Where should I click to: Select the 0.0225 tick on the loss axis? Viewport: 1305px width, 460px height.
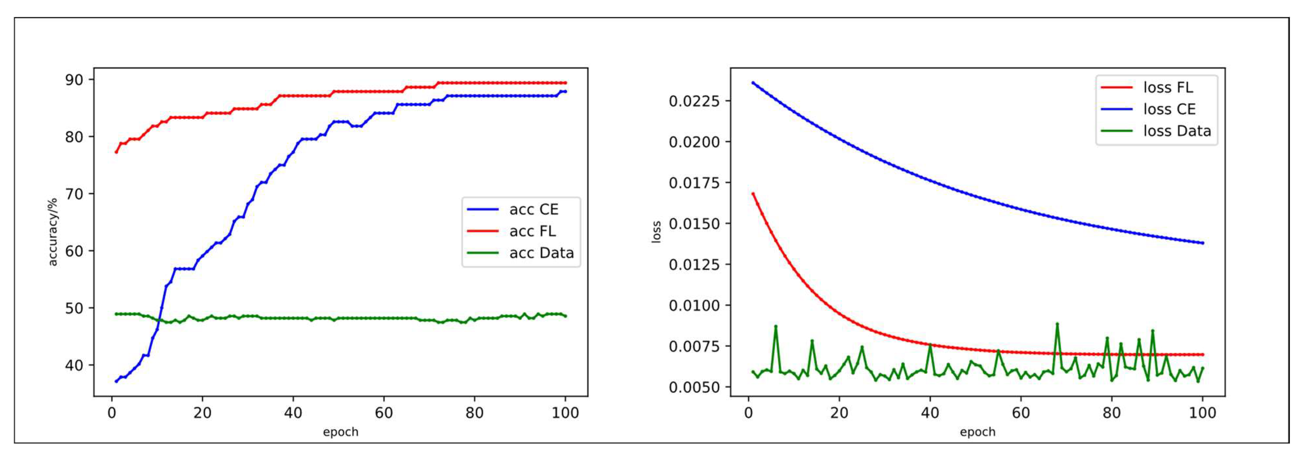click(694, 101)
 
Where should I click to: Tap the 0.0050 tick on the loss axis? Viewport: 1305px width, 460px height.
click(694, 387)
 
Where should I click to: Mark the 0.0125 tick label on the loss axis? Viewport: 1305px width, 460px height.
click(694, 264)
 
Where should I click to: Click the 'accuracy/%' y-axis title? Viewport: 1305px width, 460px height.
click(53, 232)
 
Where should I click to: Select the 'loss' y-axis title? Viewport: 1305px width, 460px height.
click(656, 232)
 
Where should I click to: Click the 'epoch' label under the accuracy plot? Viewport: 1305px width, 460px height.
click(341, 432)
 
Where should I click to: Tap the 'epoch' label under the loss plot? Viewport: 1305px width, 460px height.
click(977, 432)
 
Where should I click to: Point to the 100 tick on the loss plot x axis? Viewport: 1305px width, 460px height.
click(1202, 413)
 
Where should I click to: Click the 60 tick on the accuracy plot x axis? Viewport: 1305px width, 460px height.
click(384, 413)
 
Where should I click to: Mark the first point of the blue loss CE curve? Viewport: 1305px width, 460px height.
click(753, 83)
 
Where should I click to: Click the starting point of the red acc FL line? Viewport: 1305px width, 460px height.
click(116, 152)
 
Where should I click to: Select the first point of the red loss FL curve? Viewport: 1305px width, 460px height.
click(753, 194)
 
